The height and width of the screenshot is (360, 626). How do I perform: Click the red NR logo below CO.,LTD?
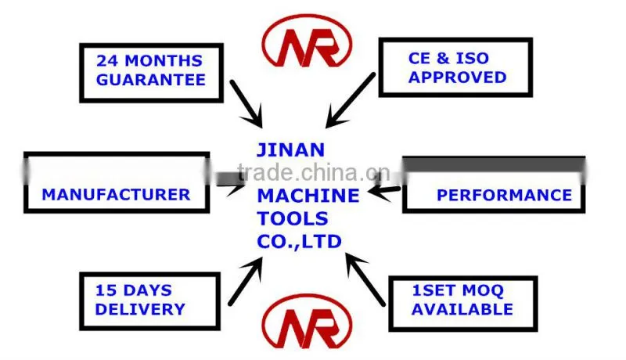(307, 322)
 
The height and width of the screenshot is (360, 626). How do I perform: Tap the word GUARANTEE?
(151, 80)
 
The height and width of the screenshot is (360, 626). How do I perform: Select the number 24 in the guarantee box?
(107, 61)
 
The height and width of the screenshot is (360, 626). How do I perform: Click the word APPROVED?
(458, 77)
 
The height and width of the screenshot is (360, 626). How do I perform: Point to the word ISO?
(473, 58)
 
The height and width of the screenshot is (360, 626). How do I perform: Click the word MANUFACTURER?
(116, 195)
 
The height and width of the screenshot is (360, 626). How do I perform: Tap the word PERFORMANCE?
(505, 195)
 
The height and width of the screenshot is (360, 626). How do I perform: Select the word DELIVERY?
(140, 309)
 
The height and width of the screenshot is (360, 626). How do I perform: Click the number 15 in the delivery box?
(106, 290)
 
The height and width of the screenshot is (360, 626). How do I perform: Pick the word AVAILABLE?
(462, 309)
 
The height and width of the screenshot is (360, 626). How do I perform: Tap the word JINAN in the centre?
(290, 150)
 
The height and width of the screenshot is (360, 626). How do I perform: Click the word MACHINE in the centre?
(308, 196)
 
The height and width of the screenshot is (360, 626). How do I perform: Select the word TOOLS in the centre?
(293, 218)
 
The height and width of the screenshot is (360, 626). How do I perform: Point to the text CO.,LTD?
(300, 242)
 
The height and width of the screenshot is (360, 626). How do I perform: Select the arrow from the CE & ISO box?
(350, 101)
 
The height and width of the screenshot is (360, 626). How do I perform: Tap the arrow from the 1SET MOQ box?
(365, 279)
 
